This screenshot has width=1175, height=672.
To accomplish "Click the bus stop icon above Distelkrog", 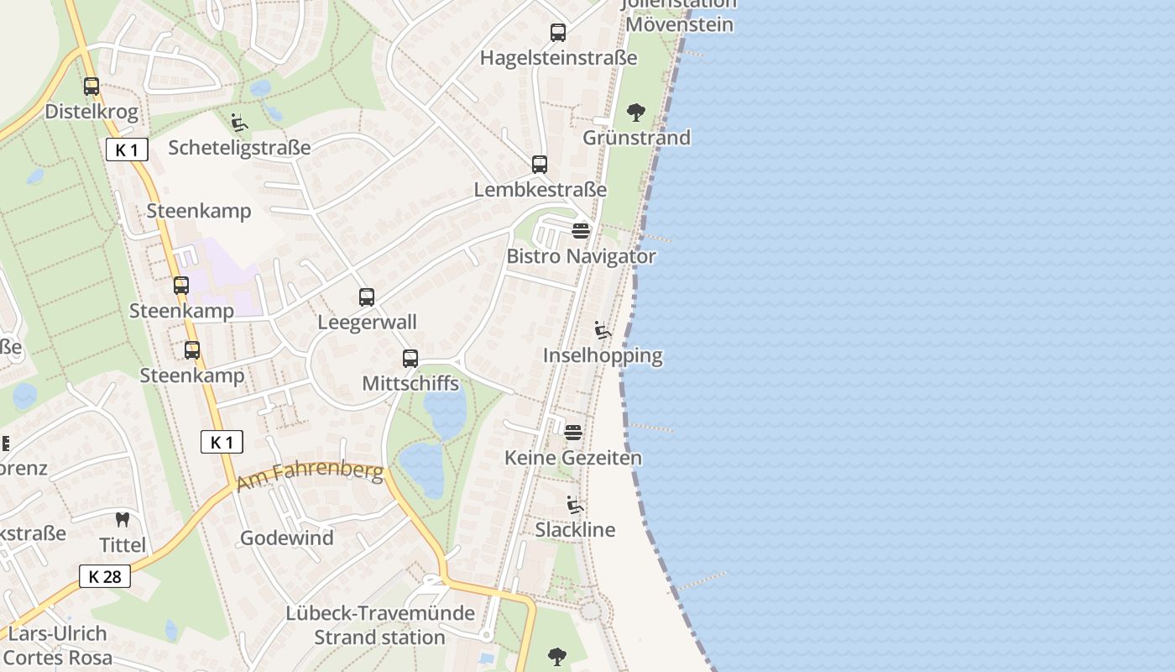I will point(91,86).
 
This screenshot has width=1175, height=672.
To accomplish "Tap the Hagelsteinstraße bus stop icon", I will point(558,33).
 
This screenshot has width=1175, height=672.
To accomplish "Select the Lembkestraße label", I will point(540,190).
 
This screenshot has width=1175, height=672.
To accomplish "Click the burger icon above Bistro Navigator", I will point(581,230).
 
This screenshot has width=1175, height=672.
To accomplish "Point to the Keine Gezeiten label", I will point(573,458).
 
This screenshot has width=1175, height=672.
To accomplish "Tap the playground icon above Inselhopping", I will point(603,329).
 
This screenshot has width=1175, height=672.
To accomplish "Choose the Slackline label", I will point(575,530).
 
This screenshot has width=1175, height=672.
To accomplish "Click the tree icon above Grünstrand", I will point(636,112).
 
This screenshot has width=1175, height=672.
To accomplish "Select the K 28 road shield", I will point(105,576).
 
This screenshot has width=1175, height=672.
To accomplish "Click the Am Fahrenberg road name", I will point(310,476).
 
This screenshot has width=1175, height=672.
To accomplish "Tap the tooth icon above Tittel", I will point(123,519).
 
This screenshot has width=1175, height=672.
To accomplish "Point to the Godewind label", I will point(287,538).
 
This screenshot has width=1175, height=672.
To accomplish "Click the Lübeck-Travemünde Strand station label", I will point(380,625).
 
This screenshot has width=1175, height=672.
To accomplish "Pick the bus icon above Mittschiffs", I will point(410,359).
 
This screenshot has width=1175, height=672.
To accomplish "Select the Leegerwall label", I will point(367,322).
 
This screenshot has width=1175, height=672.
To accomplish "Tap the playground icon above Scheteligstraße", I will point(239,123).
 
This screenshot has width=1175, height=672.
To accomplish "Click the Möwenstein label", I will point(680,24).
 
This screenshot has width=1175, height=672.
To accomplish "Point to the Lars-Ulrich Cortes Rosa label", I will point(57,645).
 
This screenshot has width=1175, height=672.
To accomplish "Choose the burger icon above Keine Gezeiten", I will point(573,433).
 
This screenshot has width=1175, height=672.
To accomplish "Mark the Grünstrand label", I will point(636,137).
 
